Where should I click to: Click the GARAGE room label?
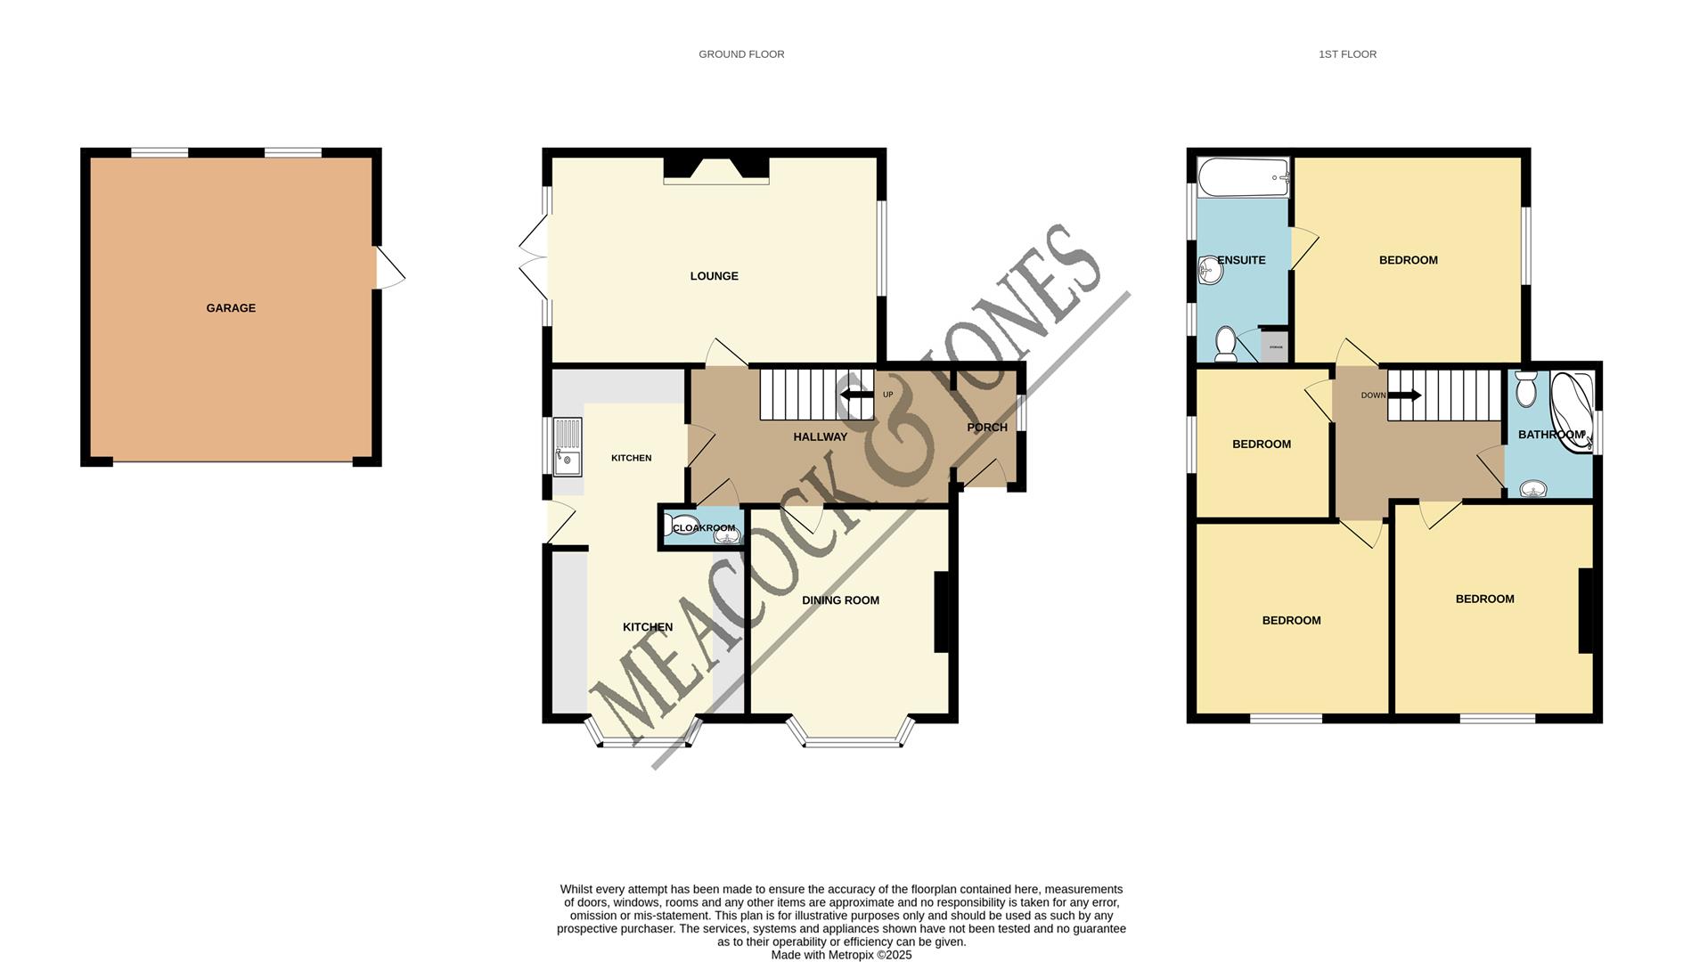(x=231, y=308)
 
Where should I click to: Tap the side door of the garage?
(x=388, y=267)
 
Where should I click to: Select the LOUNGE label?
(x=714, y=276)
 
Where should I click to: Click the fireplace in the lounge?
(x=716, y=171)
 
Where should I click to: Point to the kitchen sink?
(x=567, y=447)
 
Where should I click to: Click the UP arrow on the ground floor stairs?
(x=856, y=395)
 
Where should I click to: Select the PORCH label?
(x=987, y=428)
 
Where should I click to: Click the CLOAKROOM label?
(x=704, y=528)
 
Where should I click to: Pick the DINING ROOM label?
(x=840, y=600)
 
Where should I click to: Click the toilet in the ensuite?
(x=1227, y=345)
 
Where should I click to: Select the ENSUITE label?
(x=1241, y=260)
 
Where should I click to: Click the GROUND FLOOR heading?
(x=741, y=54)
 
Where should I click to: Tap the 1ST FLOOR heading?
(x=1347, y=54)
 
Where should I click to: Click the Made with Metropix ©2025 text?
(x=841, y=955)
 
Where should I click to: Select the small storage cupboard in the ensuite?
(x=1275, y=346)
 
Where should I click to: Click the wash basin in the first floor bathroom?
(x=1533, y=488)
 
